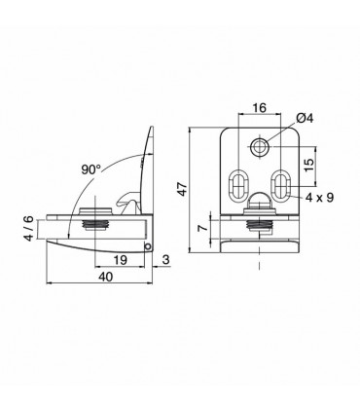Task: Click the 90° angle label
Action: [90, 169]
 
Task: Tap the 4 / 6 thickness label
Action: [29, 228]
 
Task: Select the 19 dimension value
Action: [120, 260]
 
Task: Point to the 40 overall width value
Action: [105, 277]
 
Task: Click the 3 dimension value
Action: [165, 260]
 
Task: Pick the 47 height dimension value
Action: [183, 189]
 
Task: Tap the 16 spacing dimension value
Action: [260, 107]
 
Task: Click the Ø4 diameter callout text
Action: [305, 118]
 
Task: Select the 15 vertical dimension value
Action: [309, 165]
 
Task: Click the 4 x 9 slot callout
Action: [320, 197]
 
